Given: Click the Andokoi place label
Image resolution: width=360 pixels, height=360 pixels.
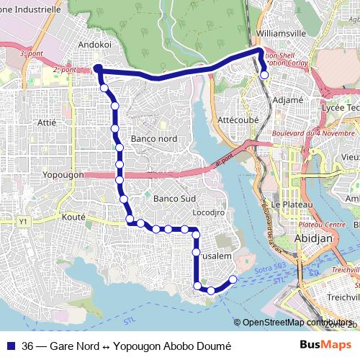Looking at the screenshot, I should pyautogui.click(x=98, y=43).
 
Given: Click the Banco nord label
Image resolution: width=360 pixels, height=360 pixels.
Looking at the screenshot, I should pyautogui.click(x=154, y=138).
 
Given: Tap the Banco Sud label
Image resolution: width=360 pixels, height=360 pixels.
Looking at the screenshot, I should pyautogui.click(x=174, y=198).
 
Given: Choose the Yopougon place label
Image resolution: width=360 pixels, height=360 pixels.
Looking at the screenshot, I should pyautogui.click(x=64, y=175).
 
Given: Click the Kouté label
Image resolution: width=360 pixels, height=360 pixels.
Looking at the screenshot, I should pyautogui.click(x=73, y=217).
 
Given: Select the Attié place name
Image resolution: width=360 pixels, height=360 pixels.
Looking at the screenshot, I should pyautogui.click(x=46, y=122).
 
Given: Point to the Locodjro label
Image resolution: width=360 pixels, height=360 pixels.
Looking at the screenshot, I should pyautogui.click(x=210, y=213).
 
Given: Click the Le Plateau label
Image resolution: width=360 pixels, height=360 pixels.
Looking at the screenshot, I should pyautogui.click(x=285, y=204).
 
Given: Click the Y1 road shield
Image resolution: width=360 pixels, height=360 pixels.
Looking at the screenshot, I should pyautogui.click(x=24, y=221).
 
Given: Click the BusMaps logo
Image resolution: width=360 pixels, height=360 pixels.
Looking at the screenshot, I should pyautogui.click(x=325, y=344).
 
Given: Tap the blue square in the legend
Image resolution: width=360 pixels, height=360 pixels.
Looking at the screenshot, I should pyautogui.click(x=10, y=345).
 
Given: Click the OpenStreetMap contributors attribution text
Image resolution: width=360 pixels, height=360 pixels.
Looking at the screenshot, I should pyautogui.click(x=295, y=323).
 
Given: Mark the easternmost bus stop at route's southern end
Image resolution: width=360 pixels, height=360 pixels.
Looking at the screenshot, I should pyautogui.click(x=233, y=279).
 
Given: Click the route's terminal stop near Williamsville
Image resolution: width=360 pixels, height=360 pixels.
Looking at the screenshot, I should pyautogui.click(x=264, y=74).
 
